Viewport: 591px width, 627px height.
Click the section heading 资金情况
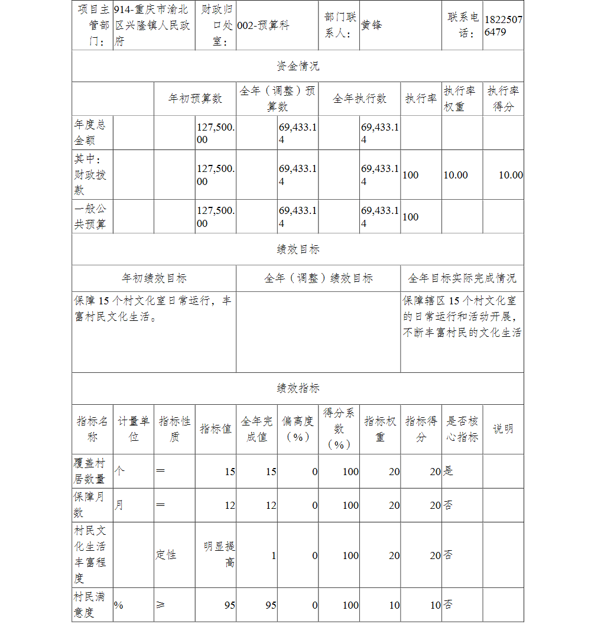click(298, 66)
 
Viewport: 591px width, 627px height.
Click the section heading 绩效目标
click(298, 249)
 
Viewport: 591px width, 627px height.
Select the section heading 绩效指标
click(298, 388)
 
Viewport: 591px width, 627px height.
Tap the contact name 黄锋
click(372, 26)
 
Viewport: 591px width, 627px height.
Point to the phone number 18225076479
click(503, 26)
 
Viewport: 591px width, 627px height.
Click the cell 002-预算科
click(263, 26)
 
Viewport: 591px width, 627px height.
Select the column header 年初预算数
click(195, 99)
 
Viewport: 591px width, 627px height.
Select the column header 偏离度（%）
click(298, 429)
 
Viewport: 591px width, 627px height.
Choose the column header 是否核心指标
click(462, 429)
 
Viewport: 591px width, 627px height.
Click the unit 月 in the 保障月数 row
click(119, 505)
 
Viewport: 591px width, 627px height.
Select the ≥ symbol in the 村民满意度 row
click(160, 605)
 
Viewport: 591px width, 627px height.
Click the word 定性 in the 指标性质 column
click(166, 555)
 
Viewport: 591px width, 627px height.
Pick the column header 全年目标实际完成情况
click(462, 278)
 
